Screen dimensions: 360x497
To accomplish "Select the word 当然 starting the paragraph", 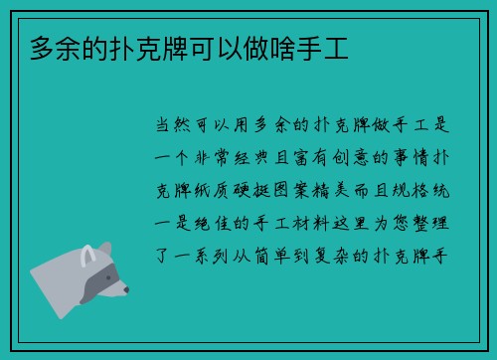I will click(177, 128).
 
